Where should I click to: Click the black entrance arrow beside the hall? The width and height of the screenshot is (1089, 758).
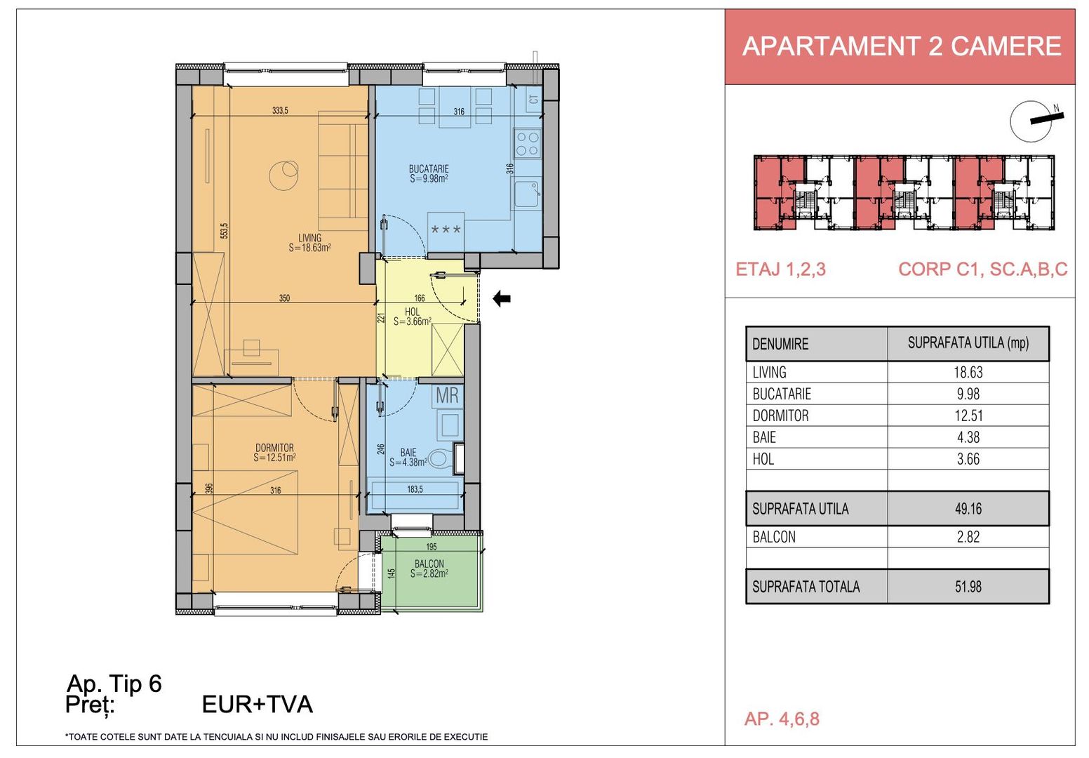501,299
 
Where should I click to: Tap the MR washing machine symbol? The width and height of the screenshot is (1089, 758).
447,396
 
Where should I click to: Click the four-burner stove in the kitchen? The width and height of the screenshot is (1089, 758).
527,144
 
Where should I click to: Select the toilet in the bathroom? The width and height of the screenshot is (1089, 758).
440,459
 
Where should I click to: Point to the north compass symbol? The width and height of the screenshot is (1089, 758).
1031,121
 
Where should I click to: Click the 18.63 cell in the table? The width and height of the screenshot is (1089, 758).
968,373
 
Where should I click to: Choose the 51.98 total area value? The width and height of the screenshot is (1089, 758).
968,587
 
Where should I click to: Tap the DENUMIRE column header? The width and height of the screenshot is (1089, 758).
780,344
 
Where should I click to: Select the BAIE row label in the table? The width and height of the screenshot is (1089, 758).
764,438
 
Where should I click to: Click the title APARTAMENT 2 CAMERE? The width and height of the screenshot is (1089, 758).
901,46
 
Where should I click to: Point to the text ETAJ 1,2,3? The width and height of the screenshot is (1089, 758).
780,270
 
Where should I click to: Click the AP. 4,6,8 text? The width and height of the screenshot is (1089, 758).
781,719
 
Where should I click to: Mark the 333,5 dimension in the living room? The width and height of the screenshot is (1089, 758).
280,110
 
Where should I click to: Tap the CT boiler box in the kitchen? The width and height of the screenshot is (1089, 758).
534,100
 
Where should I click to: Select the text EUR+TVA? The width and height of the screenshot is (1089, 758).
257,705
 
